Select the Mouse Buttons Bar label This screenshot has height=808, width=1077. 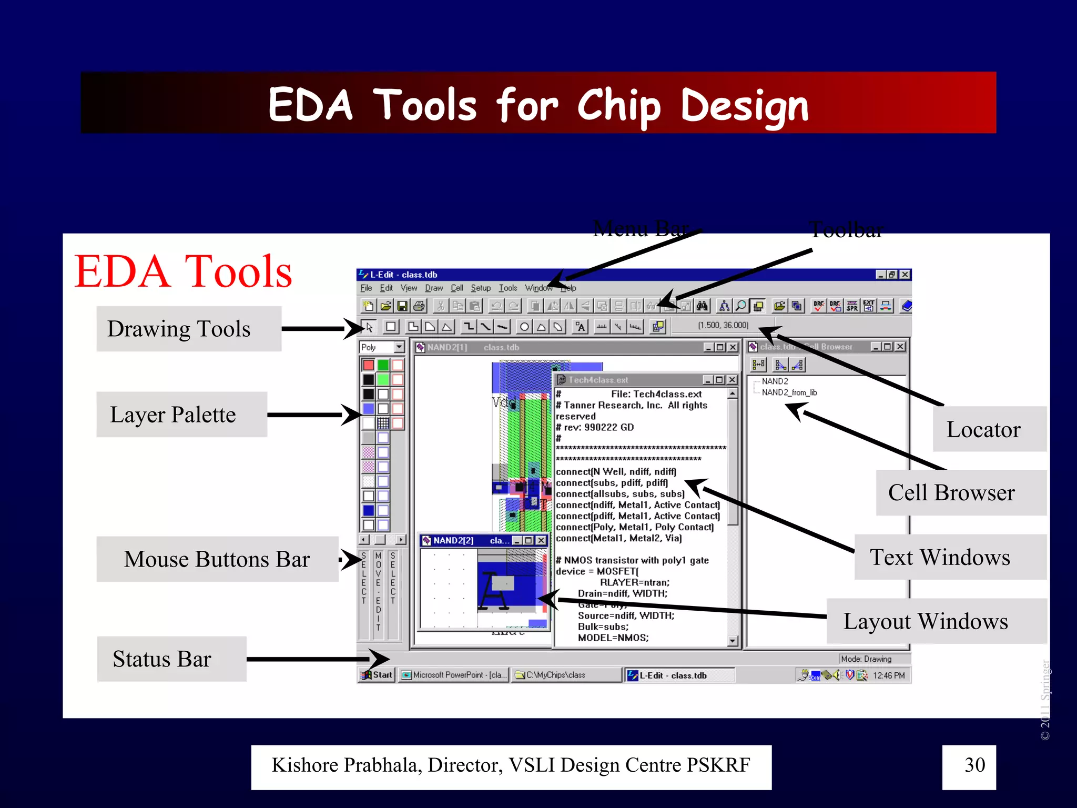coord(217,559)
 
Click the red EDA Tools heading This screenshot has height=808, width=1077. coord(183,271)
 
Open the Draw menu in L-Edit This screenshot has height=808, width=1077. coord(433,288)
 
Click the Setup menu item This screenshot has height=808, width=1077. coord(480,288)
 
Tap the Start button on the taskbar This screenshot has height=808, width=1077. coord(377,675)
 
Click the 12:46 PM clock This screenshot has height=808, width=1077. coord(889,675)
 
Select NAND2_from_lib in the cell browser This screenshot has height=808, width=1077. coord(789,392)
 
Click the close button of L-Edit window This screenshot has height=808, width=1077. coord(905,275)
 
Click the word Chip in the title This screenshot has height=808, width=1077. coord(619,105)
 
